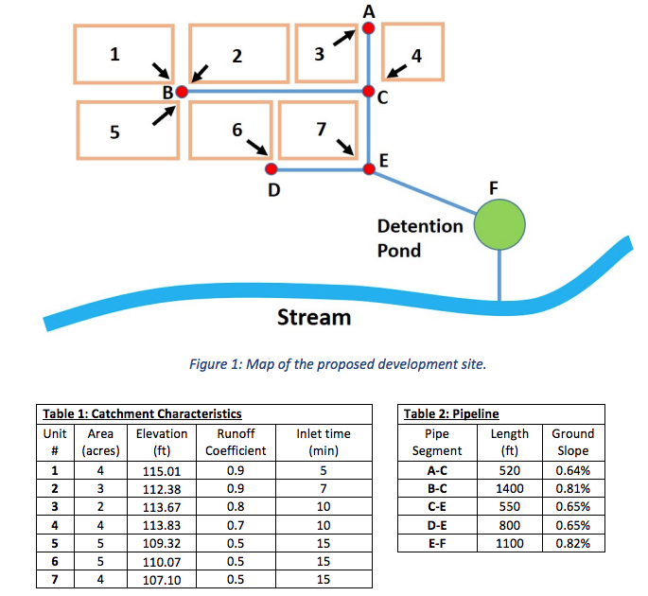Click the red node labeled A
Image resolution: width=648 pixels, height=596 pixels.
click(x=369, y=28)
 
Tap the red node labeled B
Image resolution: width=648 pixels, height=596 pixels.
click(x=183, y=92)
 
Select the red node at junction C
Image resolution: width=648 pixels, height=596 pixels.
click(x=369, y=92)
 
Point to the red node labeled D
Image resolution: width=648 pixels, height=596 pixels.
click(x=271, y=169)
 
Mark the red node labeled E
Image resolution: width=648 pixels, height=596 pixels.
click(x=369, y=169)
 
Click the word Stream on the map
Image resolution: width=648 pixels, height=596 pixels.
click(x=313, y=317)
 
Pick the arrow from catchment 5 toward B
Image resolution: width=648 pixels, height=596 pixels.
click(x=164, y=114)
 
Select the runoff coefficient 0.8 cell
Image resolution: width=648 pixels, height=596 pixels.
click(x=236, y=506)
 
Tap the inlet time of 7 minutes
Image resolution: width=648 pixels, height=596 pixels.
click(x=324, y=488)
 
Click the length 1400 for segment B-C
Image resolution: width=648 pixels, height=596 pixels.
click(x=509, y=488)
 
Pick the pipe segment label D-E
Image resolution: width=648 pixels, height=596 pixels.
click(x=438, y=525)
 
